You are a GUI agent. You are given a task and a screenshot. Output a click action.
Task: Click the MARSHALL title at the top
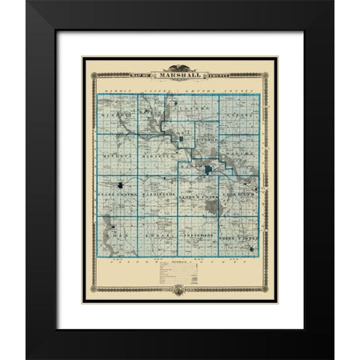pos(180,75)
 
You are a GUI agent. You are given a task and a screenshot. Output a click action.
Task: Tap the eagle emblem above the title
pos(180,67)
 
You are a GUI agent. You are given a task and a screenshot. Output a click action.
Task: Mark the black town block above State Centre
pos(121,183)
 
